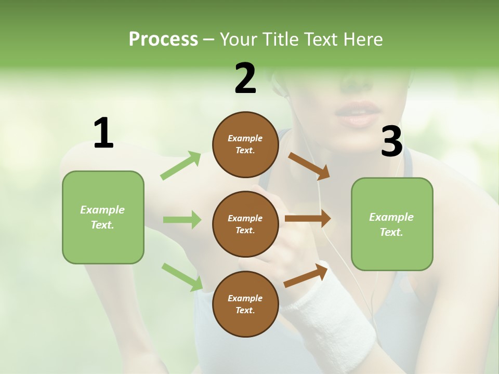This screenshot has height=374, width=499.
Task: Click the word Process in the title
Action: click(163, 39)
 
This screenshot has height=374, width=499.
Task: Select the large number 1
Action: click(103, 133)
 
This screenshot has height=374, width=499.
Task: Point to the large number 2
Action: click(245, 78)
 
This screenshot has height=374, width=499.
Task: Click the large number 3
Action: click(392, 142)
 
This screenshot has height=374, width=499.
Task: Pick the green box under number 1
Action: click(103, 217)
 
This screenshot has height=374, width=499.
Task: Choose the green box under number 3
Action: click(392, 224)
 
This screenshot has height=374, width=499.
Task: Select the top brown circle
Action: click(245, 144)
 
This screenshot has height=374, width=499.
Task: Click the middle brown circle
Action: click(245, 224)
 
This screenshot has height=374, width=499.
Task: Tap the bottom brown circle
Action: click(245, 304)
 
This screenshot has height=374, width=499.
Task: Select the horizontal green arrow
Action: click(182, 220)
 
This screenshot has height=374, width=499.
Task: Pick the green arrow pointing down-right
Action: click(182, 276)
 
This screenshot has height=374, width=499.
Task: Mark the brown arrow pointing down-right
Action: click(309, 166)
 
